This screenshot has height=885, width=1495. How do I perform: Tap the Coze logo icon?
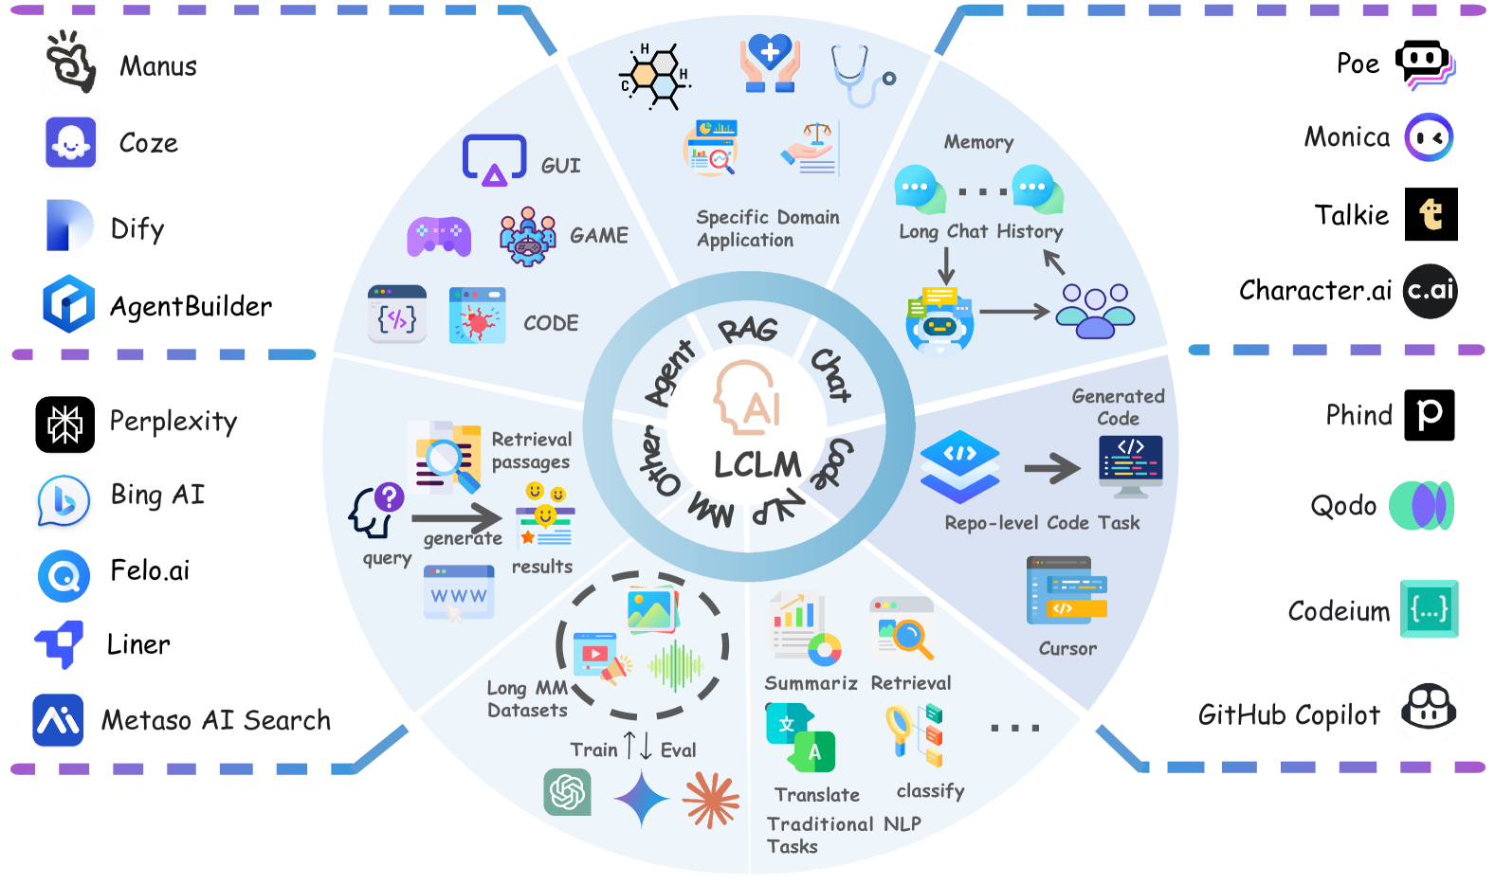[71, 143]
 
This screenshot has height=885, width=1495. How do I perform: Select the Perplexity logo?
[65, 424]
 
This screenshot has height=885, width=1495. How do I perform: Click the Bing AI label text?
[157, 495]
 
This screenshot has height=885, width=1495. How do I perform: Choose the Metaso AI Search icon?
[58, 720]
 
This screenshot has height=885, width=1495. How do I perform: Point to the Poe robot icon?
[1424, 64]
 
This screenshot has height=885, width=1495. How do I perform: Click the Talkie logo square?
[1431, 214]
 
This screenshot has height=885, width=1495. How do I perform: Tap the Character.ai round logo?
[1430, 291]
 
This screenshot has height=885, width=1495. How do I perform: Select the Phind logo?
[1429, 415]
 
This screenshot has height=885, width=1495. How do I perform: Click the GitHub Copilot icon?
[1430, 707]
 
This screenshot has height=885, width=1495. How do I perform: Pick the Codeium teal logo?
[1429, 609]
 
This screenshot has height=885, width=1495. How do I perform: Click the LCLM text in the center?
[757, 465]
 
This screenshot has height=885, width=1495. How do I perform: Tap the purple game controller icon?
[439, 236]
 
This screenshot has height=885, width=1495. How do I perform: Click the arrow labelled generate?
[457, 518]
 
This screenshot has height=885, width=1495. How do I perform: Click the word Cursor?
[1067, 649]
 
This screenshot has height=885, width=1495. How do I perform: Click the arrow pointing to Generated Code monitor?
[1052, 467]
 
